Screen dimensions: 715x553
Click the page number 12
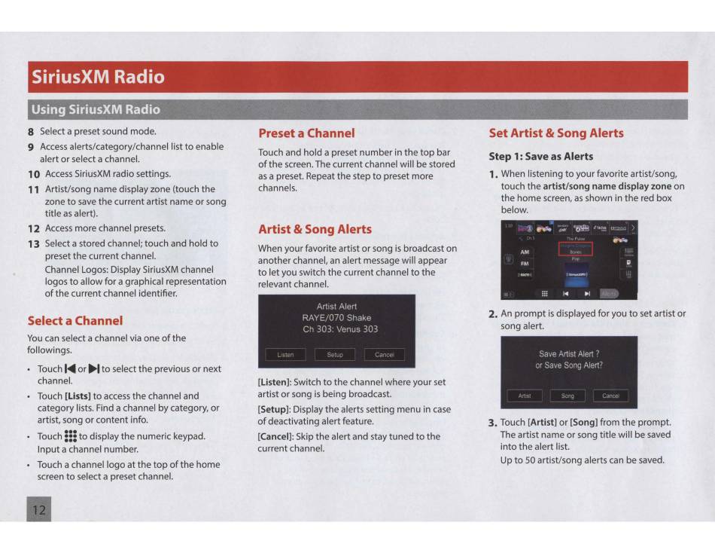(x=38, y=510)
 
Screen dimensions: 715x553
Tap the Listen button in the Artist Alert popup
(x=286, y=354)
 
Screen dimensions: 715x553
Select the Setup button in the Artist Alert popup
(x=335, y=354)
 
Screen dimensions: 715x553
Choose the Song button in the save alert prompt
(x=567, y=396)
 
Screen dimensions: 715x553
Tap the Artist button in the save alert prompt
(x=525, y=396)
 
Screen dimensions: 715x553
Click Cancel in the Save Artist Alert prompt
(x=610, y=396)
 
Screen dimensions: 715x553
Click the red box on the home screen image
(x=576, y=249)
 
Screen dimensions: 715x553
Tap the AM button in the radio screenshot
(x=525, y=252)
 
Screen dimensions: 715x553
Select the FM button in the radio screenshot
(x=525, y=264)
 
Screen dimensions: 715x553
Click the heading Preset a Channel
(x=306, y=133)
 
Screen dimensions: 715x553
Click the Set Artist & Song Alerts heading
(x=556, y=133)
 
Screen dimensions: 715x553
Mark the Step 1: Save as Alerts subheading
(x=541, y=157)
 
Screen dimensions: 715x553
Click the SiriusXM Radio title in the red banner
(x=98, y=77)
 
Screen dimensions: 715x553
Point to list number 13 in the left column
(x=33, y=243)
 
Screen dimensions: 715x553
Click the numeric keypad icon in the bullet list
(x=71, y=436)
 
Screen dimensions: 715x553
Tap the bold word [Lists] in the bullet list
(x=78, y=396)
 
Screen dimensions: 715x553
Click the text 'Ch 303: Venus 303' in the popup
(x=336, y=329)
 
